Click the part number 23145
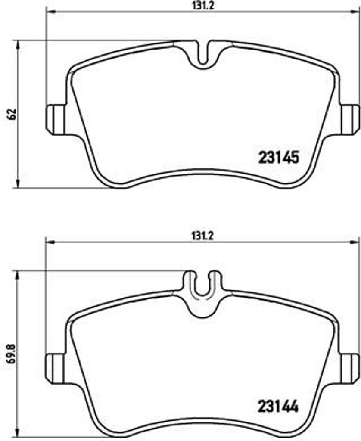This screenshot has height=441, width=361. pyautogui.click(x=278, y=158)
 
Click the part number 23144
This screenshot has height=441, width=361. pyautogui.click(x=278, y=407)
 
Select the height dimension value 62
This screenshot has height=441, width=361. pyautogui.click(x=12, y=114)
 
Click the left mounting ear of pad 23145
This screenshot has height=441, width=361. pyautogui.click(x=55, y=120)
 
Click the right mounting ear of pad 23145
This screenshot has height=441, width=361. pyautogui.click(x=350, y=120)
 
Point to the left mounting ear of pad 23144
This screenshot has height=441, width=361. pyautogui.click(x=55, y=369)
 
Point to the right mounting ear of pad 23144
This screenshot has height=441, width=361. pyautogui.click(x=350, y=369)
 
